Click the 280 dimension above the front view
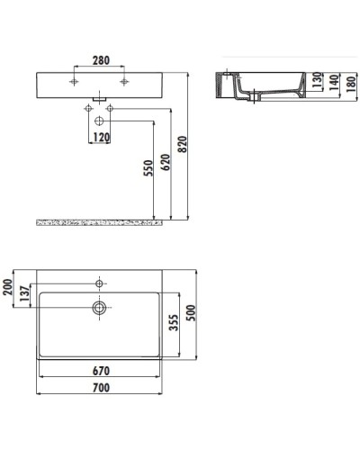pyautogui.click(x=100, y=61)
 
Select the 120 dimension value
pyautogui.click(x=100, y=138)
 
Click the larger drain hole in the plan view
pyautogui.click(x=99, y=307)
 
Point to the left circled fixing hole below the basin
pyautogui.click(x=89, y=109)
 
